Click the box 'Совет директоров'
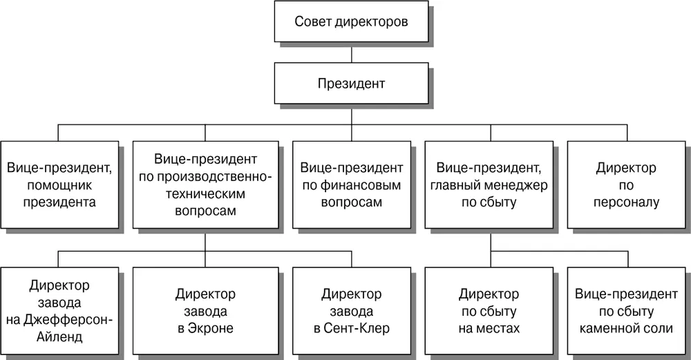[351, 21]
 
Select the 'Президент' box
[351, 84]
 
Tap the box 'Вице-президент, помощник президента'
[59, 184]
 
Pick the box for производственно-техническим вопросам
[205, 184]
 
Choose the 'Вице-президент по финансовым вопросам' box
[352, 184]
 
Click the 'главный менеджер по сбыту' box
[489, 184]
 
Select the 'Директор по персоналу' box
[626, 184]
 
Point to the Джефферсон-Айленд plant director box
[59, 311]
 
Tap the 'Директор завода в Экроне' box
[205, 311]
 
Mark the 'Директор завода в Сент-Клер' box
[352, 311]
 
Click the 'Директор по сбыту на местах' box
[489, 311]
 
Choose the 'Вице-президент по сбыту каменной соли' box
[626, 311]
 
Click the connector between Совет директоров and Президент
[351, 53]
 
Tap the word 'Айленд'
[59, 337]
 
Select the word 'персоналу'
[626, 202]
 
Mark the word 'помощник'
[59, 185]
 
